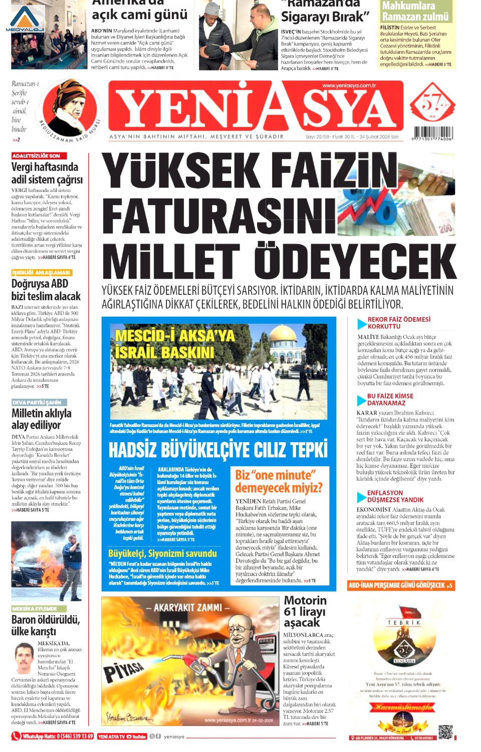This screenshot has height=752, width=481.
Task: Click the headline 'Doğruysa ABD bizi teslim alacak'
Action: (x=46, y=290)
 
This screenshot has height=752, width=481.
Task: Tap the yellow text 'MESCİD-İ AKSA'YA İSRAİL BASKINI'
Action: (x=174, y=343)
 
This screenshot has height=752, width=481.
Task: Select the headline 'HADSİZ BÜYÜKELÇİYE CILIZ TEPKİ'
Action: (x=218, y=450)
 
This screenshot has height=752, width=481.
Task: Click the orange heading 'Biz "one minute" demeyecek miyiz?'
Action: (x=279, y=481)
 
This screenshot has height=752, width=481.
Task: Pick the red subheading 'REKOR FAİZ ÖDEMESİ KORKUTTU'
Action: (x=399, y=322)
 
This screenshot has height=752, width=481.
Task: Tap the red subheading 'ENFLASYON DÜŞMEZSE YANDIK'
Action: (x=395, y=496)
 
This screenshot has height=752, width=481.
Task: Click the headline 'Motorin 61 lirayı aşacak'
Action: (x=305, y=611)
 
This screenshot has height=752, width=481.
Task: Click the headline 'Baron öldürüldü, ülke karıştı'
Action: (x=45, y=625)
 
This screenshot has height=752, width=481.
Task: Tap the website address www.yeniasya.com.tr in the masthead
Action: (x=349, y=86)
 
